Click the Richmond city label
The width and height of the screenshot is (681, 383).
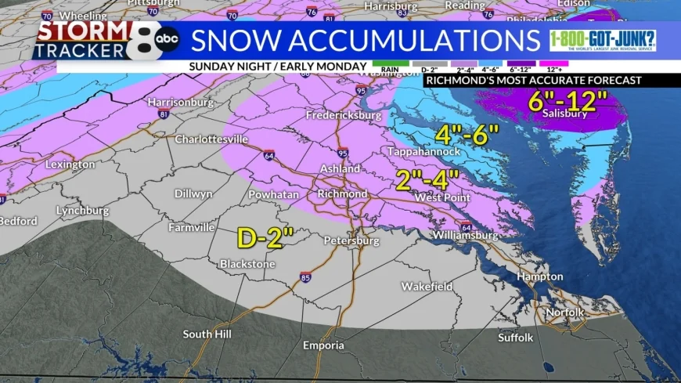pos(341,193)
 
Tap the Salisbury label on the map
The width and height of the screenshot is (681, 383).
pos(565,114)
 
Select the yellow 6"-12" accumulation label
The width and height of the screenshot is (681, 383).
pos(568,100)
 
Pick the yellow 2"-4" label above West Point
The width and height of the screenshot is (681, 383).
pos(426,179)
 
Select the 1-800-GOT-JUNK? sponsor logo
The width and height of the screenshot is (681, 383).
pos(602,41)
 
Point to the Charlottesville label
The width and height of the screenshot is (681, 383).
pos(211,139)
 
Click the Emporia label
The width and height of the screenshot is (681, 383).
pos(323,345)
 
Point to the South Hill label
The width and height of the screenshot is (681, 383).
pos(207,334)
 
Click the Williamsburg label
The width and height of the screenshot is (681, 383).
pos(465,235)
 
